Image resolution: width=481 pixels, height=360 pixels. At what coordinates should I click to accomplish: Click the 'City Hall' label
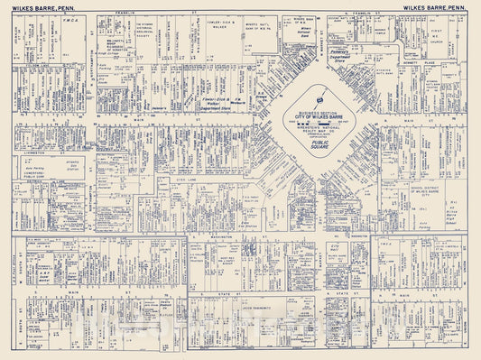coord(335,245)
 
